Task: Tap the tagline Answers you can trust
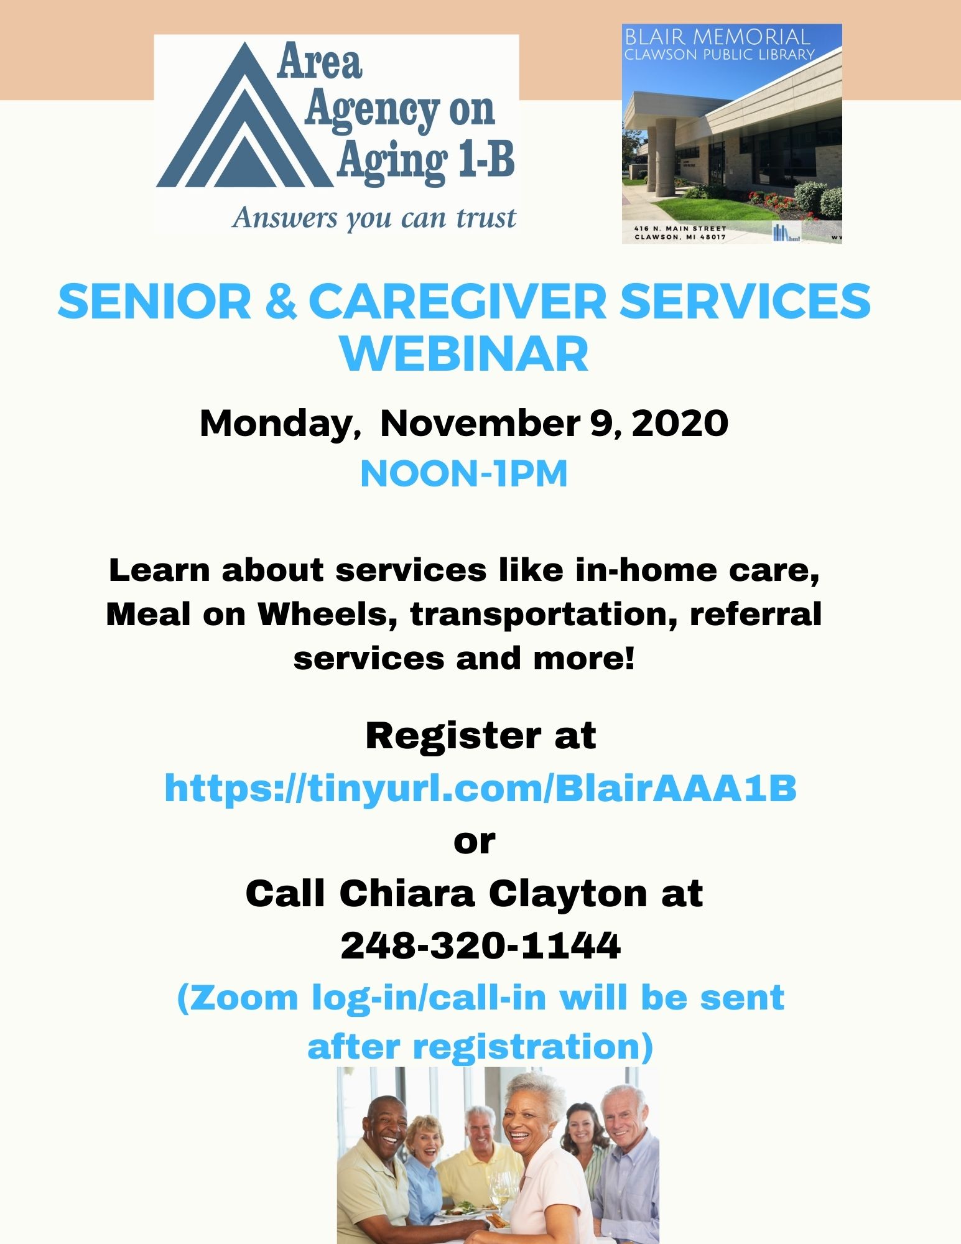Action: point(374,218)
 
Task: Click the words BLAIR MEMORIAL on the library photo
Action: point(717,36)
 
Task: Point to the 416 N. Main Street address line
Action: point(680,228)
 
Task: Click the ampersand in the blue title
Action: point(280,301)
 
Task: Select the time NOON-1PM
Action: point(464,474)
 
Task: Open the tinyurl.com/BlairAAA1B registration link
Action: point(480,788)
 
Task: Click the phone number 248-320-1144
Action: point(480,945)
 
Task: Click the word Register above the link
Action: point(453,736)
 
